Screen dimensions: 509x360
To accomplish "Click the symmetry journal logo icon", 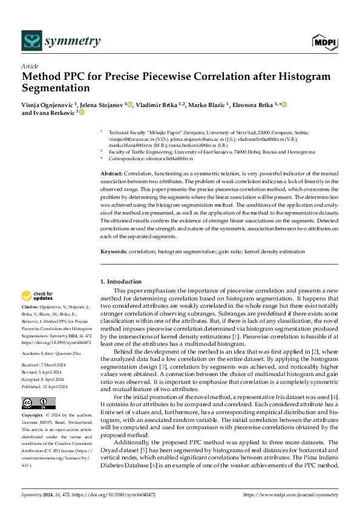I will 31,41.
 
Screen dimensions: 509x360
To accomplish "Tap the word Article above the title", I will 30,66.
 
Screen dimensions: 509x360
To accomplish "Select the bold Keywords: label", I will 113,251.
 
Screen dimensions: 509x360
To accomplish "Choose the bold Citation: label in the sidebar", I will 31,308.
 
